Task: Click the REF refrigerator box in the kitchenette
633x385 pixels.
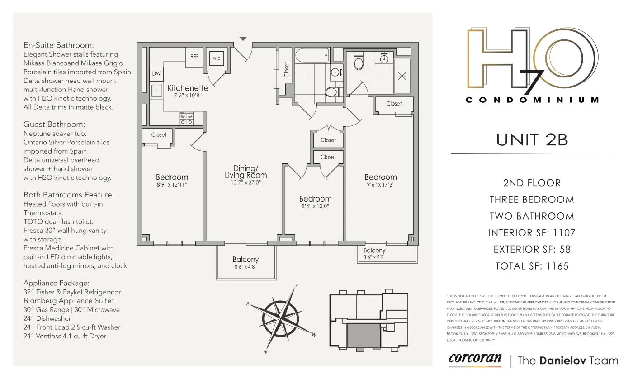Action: coord(194,57)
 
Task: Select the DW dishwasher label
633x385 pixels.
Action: coord(156,73)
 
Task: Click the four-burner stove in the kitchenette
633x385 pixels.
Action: coord(186,119)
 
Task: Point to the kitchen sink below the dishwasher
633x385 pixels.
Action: coord(156,90)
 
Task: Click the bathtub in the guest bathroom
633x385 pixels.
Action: coord(312,56)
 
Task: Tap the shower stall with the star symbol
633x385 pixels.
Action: coord(402,76)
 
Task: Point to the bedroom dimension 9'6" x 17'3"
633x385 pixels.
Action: coord(381,185)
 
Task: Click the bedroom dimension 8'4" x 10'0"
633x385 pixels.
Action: coord(315,206)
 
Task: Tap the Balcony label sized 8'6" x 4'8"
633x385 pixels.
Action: coord(246,263)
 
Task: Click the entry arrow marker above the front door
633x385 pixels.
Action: coord(243,39)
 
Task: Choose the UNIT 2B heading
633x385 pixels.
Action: coord(532,140)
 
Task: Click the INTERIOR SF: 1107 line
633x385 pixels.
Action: coord(532,233)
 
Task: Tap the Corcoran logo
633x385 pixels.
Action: coord(475,359)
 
